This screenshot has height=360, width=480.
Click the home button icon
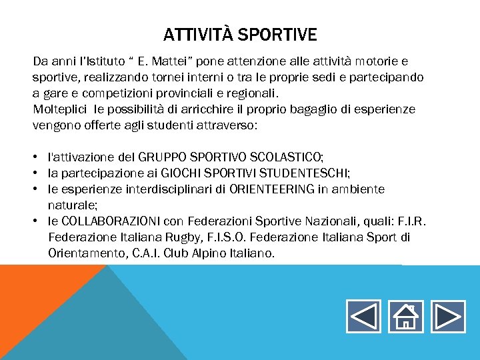point(405,316)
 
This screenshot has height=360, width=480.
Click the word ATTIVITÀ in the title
point(198,34)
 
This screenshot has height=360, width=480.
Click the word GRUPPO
point(164,157)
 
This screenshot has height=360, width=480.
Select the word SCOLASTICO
point(286,157)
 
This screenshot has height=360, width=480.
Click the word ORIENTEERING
point(271,189)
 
